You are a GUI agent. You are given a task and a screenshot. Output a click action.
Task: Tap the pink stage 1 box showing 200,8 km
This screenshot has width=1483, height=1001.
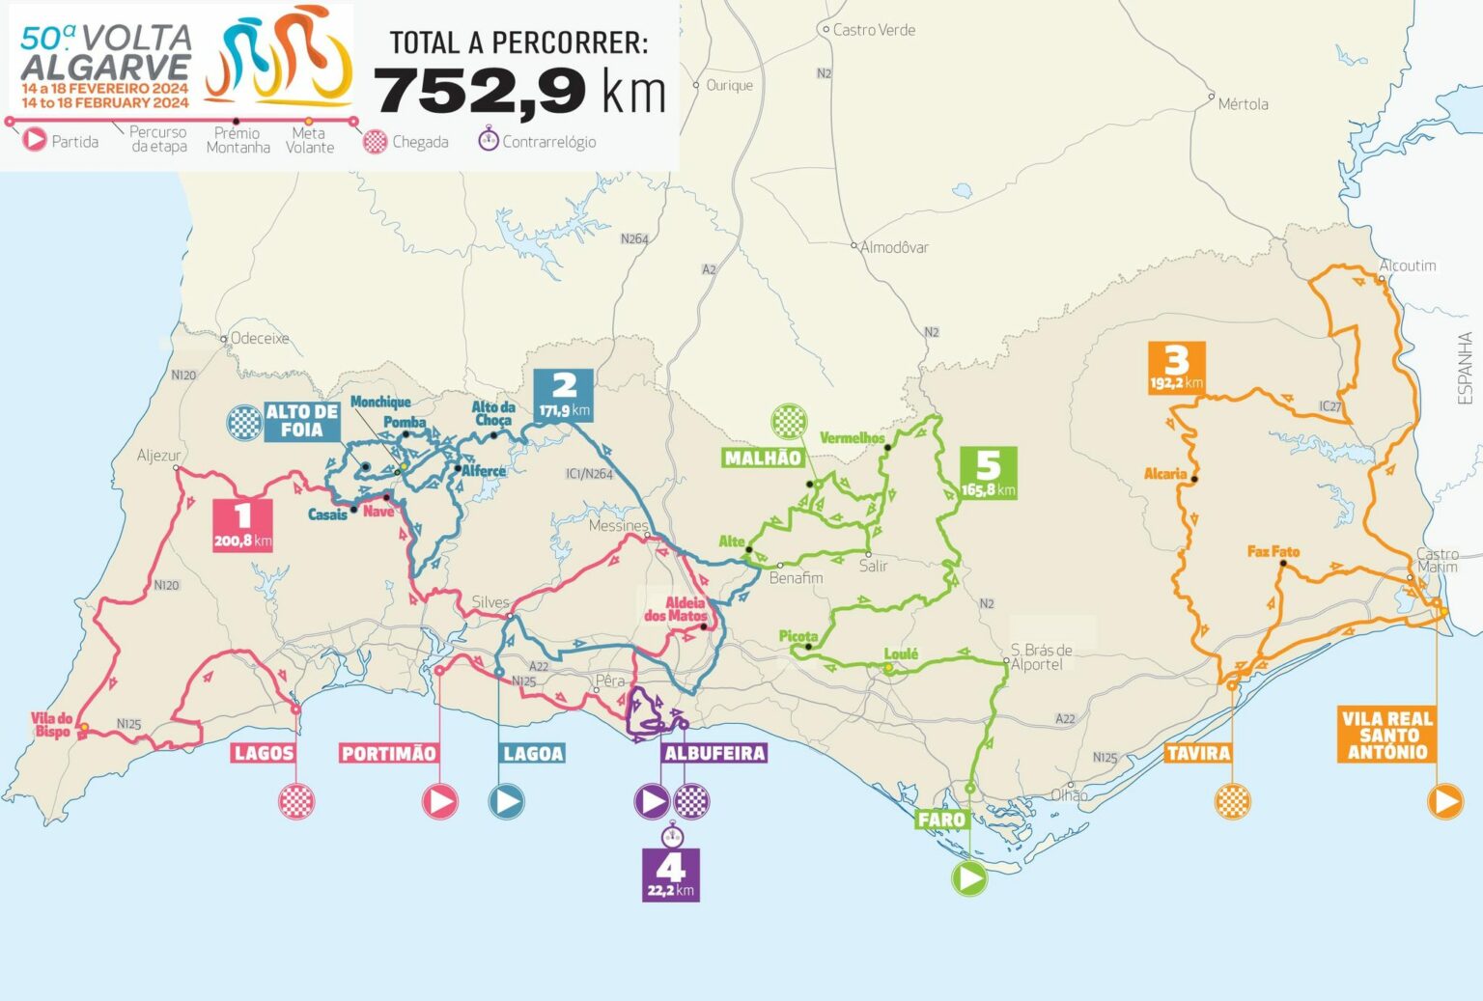pyautogui.click(x=242, y=525)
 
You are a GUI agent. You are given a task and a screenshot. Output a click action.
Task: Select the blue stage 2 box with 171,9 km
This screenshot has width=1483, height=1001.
pyautogui.click(x=564, y=395)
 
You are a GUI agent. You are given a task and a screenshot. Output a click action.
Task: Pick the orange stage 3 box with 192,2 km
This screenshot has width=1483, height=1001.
pyautogui.click(x=1176, y=368)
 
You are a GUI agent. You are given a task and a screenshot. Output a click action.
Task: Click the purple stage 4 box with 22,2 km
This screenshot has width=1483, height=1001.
pyautogui.click(x=670, y=875)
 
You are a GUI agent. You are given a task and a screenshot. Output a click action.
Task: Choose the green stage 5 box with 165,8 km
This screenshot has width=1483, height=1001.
pyautogui.click(x=988, y=473)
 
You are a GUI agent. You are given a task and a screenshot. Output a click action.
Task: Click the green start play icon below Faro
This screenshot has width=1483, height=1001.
pyautogui.click(x=969, y=878)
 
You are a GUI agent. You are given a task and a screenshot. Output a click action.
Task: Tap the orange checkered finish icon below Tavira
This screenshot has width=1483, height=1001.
pyautogui.click(x=1232, y=801)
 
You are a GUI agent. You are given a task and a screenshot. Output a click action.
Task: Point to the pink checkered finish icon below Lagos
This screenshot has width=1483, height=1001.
pyautogui.click(x=296, y=801)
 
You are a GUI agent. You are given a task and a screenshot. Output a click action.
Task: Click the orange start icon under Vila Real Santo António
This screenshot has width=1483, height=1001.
pyautogui.click(x=1445, y=801)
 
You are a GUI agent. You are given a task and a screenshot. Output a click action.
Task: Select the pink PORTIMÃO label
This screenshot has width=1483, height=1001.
pyautogui.click(x=389, y=753)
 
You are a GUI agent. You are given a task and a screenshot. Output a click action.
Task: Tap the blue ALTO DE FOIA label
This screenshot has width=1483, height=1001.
pyautogui.click(x=301, y=421)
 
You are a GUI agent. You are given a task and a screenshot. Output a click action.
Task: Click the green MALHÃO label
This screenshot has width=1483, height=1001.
pyautogui.click(x=763, y=458)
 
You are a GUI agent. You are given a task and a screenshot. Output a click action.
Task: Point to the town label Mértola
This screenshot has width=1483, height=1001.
pyautogui.click(x=1243, y=104)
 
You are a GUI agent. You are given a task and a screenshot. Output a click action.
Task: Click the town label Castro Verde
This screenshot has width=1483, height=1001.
pyautogui.click(x=874, y=30)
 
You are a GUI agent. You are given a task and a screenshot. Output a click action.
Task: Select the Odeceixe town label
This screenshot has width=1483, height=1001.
pyautogui.click(x=260, y=339)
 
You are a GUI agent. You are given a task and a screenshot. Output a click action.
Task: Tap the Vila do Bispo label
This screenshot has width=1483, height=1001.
pyautogui.click(x=52, y=725)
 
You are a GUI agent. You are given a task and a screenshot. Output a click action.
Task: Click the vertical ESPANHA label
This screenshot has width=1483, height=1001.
pyautogui.click(x=1465, y=369)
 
